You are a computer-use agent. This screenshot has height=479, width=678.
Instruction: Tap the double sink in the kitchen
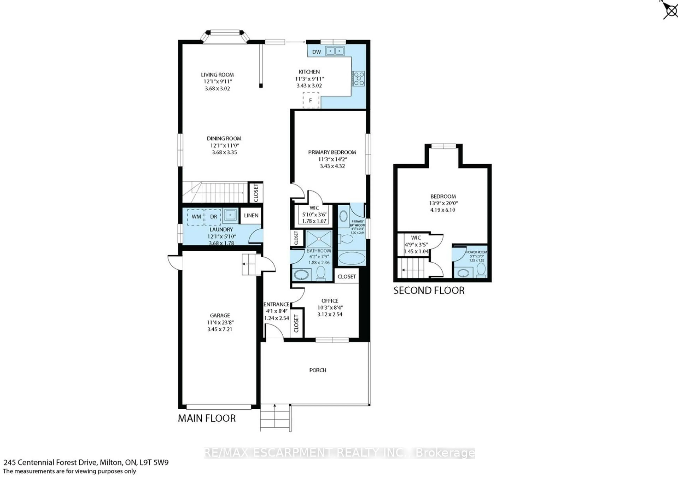click(335, 51)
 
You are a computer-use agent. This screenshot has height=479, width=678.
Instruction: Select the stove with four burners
click(358, 79)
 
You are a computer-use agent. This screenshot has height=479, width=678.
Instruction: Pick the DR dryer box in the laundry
click(213, 217)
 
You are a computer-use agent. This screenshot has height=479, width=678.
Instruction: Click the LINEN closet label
click(251, 215)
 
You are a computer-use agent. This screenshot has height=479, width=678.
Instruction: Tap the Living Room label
click(217, 75)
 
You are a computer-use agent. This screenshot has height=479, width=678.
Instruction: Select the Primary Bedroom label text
click(332, 152)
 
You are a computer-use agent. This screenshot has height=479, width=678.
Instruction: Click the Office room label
click(329, 301)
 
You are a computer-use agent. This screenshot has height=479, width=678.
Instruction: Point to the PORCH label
click(318, 370)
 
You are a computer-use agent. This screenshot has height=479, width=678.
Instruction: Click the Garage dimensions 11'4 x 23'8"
click(220, 322)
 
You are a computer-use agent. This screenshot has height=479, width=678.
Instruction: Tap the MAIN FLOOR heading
click(207, 418)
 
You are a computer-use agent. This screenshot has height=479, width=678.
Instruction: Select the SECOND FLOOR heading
click(429, 291)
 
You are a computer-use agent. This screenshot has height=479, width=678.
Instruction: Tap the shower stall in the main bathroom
click(319, 239)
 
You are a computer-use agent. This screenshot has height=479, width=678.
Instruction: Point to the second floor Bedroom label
click(443, 196)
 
